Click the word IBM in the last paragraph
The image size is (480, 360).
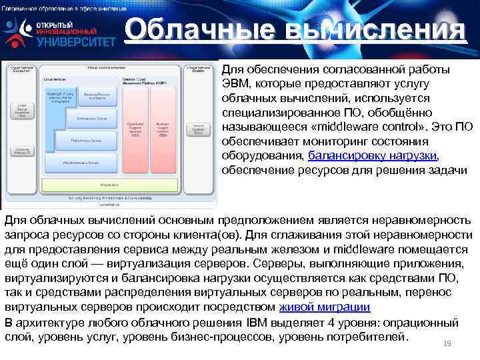pos(259,323)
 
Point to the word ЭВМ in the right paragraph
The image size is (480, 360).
pos(233,84)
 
